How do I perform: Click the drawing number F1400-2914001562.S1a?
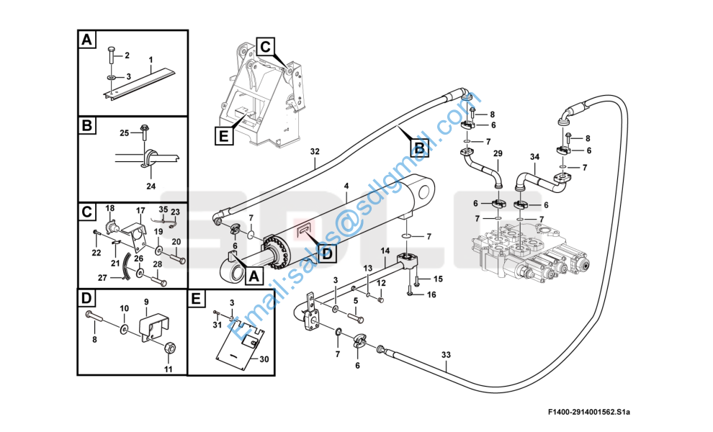coord(589,413)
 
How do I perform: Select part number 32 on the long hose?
coord(315,151)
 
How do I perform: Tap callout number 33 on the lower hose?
coord(446,354)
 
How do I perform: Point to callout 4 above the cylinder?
coord(346,186)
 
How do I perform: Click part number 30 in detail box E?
coord(264,359)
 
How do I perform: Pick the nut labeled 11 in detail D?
coord(169,348)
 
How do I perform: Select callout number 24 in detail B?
coord(151,186)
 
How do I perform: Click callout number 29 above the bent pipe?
coord(498,153)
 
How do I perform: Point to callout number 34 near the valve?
coord(534,157)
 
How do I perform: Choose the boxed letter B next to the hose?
coord(419,148)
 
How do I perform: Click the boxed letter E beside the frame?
coord(224,135)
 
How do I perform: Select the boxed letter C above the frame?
coord(266,46)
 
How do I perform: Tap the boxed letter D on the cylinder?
coord(327,253)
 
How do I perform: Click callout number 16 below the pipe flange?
coord(431,294)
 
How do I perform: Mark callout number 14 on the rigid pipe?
coord(385,251)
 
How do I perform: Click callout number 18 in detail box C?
coord(110,208)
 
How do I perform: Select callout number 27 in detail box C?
coord(103,277)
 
